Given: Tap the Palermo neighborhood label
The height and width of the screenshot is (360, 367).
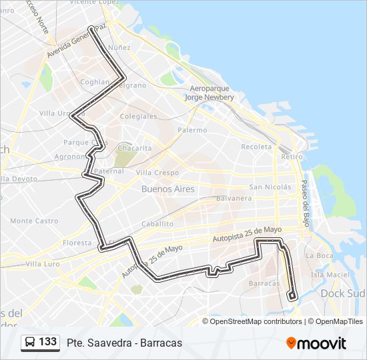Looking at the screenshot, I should point(192,130).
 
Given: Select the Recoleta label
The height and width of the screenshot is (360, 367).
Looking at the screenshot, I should point(257,146).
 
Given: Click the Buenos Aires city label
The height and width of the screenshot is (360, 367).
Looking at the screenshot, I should point(168,189).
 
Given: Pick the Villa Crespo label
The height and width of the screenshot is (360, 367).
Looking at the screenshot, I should point(157,172).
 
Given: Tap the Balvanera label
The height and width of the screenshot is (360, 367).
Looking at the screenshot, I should point(233,198).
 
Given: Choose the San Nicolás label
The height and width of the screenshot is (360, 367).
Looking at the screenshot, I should point(270,187).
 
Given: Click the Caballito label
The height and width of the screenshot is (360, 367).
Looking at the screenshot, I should point(157,224).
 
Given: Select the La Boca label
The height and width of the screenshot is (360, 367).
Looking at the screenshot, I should point(318,255).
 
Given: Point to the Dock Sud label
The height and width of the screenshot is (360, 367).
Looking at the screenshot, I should point(342,293).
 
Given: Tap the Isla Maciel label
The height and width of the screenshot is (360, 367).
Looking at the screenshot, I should point(330,274).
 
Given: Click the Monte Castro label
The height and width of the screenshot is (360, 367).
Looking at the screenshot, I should point(34,221).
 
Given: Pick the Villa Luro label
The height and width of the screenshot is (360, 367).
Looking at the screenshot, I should point(24,264).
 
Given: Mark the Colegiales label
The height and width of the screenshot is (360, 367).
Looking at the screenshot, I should point(138,116).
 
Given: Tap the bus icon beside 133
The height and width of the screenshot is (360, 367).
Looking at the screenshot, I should point(30,343).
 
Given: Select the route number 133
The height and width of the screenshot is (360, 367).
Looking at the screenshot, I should point(48,342).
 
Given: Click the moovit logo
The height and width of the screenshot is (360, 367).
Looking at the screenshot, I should point(316,343).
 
